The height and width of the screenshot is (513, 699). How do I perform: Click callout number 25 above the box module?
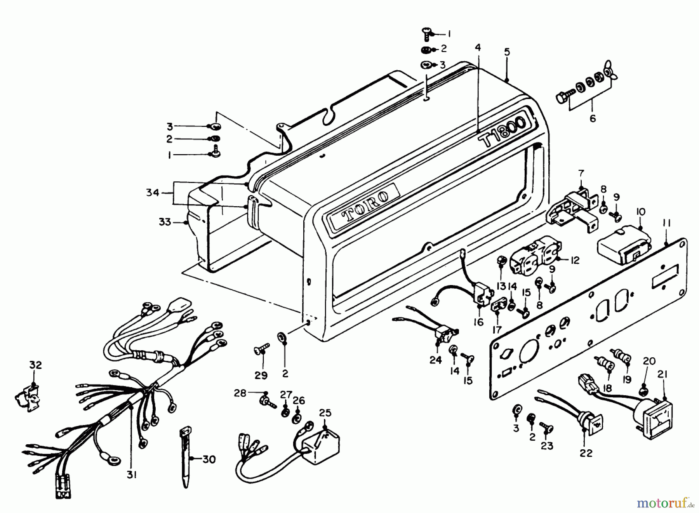[x=325, y=412]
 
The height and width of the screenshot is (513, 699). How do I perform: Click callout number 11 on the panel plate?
[x=666, y=223]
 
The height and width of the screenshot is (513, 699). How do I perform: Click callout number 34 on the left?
[x=153, y=192]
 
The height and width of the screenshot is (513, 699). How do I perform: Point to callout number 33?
[x=165, y=223]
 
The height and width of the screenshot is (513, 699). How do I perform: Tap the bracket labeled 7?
[x=573, y=212]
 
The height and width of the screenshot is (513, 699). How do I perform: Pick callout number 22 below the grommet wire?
[x=586, y=453]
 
